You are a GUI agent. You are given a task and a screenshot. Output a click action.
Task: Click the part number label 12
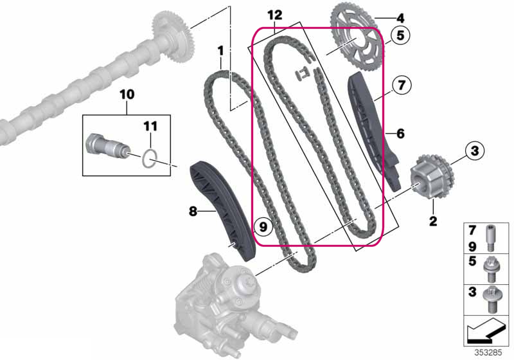click(275, 15)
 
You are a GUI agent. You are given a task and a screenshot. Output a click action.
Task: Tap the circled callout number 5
click(400, 35)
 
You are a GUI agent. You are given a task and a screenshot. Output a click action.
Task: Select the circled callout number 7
click(402, 85)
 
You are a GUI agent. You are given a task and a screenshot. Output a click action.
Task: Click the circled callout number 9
click(263, 226)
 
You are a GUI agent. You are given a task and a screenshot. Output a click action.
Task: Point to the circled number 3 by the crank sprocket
click(475, 151)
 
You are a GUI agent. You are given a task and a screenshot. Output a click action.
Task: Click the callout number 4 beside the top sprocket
click(400, 19)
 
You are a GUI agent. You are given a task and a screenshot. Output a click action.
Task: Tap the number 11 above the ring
click(150, 126)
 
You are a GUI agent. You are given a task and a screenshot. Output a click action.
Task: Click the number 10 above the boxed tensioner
click(127, 94)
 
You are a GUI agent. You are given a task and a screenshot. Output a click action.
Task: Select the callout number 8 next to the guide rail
click(193, 212)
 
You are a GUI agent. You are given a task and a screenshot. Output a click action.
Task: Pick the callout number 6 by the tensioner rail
click(400, 134)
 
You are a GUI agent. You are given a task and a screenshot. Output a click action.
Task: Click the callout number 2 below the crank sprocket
click(433, 221)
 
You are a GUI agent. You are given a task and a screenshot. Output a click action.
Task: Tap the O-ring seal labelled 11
click(150, 158)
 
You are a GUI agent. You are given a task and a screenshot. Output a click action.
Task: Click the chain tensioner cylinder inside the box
click(106, 147)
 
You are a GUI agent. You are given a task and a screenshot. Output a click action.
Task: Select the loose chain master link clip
click(302, 75)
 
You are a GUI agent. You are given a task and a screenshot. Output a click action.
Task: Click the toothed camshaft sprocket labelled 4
click(357, 42)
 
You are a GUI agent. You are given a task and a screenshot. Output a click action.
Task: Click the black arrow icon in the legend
click(486, 331)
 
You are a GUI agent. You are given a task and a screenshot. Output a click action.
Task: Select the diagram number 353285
click(488, 352)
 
